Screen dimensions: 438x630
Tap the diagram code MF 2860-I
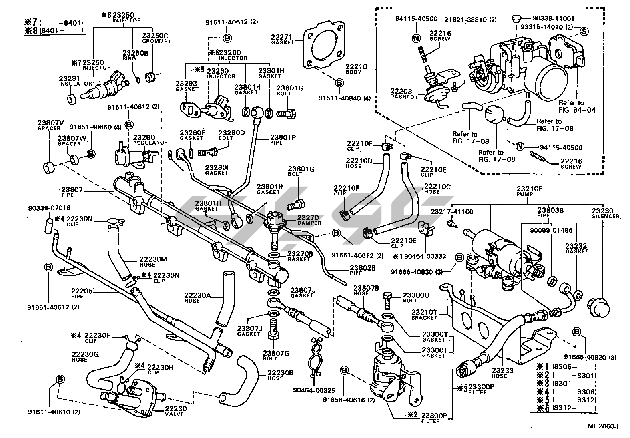tap(602, 427)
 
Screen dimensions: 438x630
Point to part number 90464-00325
tap(313, 390)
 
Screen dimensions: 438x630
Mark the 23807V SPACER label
tap(49, 125)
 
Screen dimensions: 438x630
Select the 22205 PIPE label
tap(78, 293)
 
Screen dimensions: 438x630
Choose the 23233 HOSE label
tap(499, 373)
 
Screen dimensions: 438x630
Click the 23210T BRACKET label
tap(425, 314)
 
